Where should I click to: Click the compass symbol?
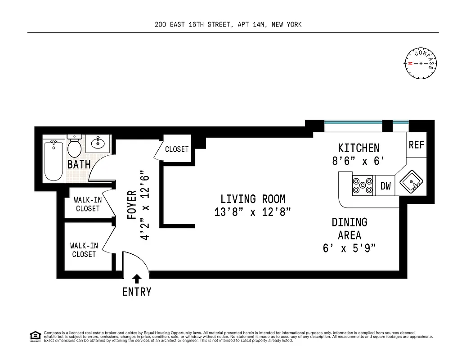(421, 63)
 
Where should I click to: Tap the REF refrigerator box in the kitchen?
(416, 145)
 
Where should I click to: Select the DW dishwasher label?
(385, 186)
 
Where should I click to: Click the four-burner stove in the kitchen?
(363, 185)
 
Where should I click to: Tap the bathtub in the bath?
(54, 160)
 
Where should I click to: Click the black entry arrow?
(137, 279)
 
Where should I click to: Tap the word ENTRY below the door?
(137, 292)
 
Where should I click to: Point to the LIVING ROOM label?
(253, 199)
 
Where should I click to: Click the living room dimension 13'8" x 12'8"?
(253, 212)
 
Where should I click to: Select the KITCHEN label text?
(358, 148)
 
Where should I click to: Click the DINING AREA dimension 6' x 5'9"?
(349, 248)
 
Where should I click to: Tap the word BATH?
(79, 165)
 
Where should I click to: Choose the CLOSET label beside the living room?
(177, 149)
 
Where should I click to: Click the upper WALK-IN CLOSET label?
(88, 204)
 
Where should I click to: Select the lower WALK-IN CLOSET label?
(84, 250)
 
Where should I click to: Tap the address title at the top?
(228, 25)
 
